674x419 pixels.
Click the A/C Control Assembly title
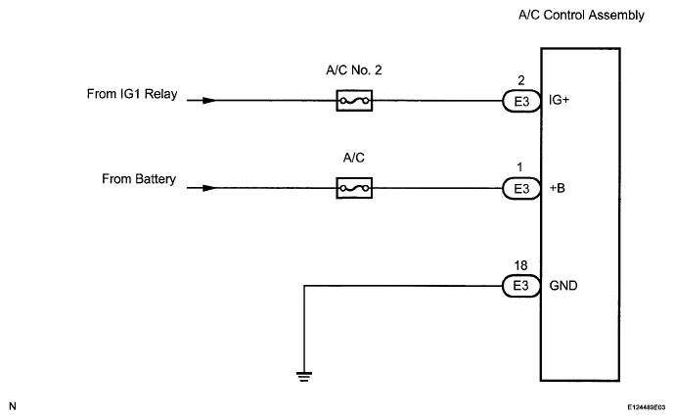(581, 15)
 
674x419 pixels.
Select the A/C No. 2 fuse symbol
(354, 101)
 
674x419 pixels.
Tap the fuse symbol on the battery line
(354, 188)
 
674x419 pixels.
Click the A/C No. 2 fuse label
(354, 70)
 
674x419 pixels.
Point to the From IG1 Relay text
(132, 94)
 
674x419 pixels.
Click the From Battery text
(139, 179)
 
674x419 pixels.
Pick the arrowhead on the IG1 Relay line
(209, 101)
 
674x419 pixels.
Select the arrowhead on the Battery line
(209, 188)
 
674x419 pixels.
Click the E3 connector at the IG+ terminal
(521, 101)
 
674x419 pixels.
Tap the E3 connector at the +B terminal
(521, 188)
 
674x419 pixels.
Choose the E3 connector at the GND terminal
(521, 286)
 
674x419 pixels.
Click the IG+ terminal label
(559, 100)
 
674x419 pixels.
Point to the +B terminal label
(558, 188)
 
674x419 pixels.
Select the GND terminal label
(563, 286)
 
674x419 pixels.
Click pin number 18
(520, 266)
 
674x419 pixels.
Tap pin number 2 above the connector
(521, 80)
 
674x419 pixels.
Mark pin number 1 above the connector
(519, 166)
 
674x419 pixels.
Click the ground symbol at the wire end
(304, 377)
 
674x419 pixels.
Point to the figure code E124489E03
(646, 407)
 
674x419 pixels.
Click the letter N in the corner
(13, 406)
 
